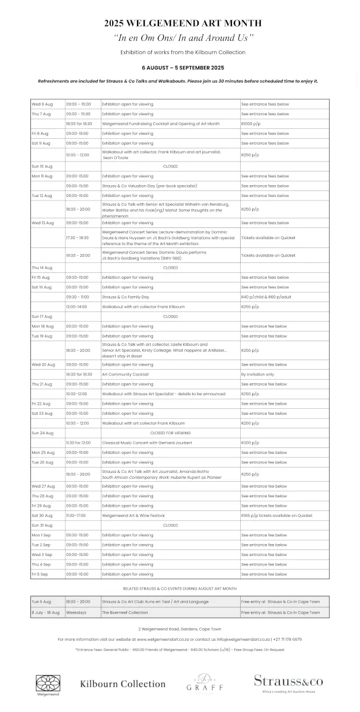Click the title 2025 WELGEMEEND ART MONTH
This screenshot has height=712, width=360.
coord(183,23)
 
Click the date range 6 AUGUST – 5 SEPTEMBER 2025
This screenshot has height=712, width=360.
coord(183,68)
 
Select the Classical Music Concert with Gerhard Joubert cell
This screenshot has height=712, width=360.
coord(146,443)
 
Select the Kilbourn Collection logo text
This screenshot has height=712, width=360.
coord(123,684)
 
